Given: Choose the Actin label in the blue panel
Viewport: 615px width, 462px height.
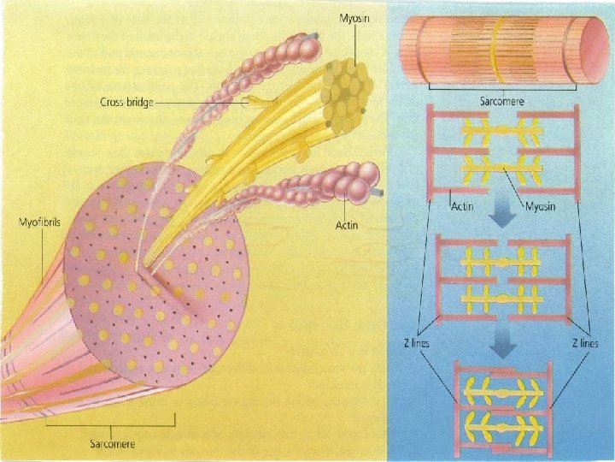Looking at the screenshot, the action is [462, 207].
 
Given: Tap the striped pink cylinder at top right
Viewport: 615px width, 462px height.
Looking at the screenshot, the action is [502, 51].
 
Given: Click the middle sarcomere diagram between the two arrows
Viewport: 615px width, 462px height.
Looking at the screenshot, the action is [504, 280].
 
